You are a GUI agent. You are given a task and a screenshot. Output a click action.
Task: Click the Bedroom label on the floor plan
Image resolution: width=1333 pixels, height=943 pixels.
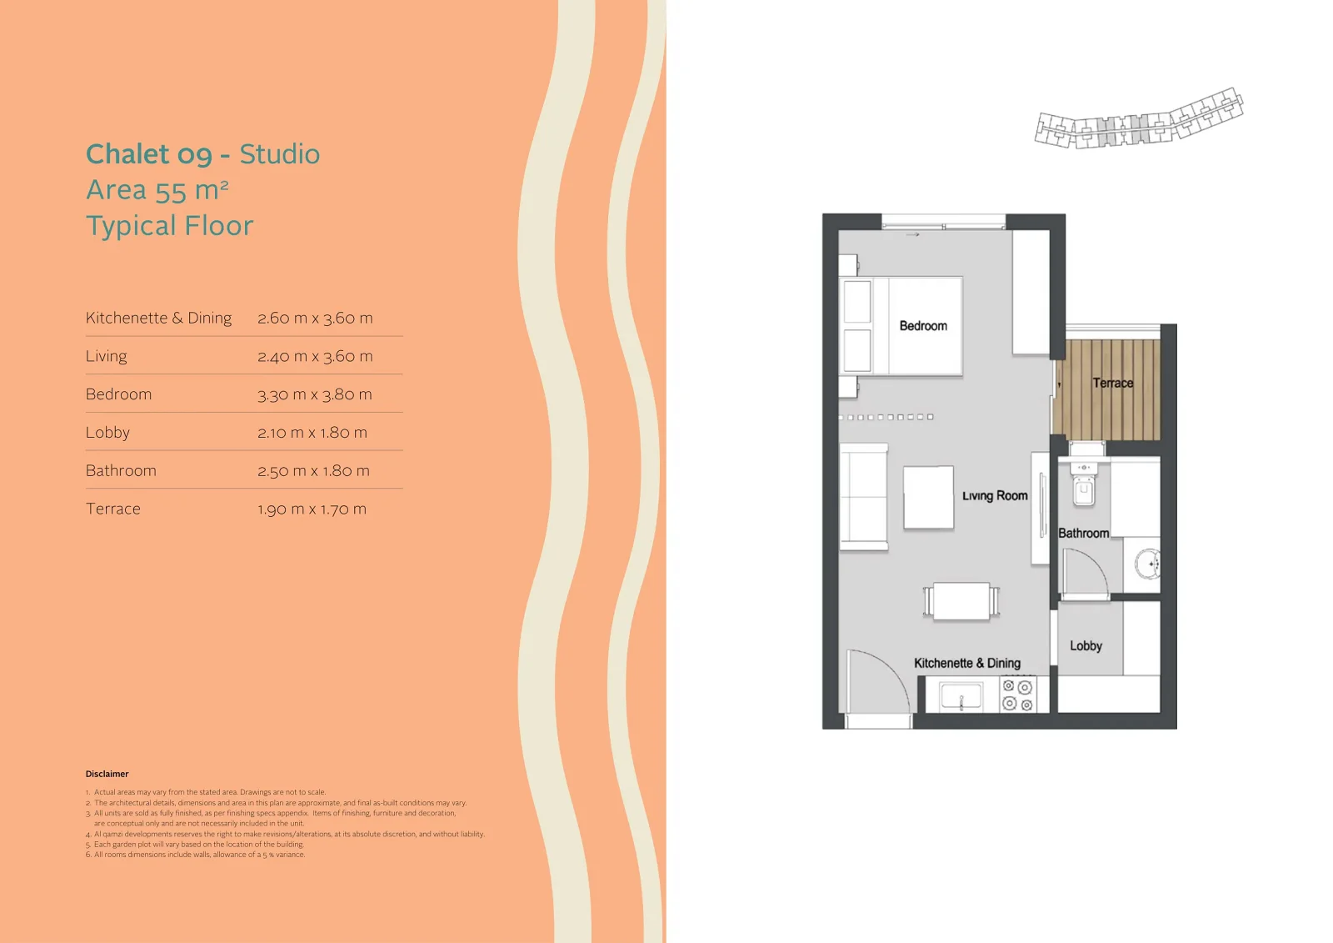pos(923,326)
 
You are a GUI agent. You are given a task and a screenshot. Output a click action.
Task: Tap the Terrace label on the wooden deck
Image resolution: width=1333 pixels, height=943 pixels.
pos(1113,383)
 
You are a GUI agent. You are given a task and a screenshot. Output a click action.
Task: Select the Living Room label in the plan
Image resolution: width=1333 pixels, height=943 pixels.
pos(995,495)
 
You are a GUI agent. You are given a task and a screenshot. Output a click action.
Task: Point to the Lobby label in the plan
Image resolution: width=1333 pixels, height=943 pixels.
pos(1086,645)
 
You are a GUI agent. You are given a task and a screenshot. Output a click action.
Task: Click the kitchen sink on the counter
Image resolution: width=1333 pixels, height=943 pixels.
pos(961,695)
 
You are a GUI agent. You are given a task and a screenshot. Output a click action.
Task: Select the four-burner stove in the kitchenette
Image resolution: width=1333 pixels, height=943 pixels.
pos(1017,695)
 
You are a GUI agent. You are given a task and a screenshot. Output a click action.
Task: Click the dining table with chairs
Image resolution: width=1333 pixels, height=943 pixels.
pos(961,601)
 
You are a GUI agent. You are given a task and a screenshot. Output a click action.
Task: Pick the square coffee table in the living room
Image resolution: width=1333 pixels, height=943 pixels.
pos(928,498)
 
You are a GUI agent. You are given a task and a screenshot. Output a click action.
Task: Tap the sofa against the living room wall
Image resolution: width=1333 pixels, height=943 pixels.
pos(863,497)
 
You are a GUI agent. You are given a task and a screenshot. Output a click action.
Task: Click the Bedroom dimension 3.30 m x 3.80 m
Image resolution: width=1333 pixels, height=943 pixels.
pos(315,394)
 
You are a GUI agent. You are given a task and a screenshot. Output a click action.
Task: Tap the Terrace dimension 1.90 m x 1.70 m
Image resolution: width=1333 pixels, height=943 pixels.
pos(312,509)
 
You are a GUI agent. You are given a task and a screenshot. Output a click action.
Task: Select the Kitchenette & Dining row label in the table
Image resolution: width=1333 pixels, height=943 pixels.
pos(159,319)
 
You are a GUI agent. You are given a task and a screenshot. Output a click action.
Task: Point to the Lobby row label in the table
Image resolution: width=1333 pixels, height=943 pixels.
pos(107,433)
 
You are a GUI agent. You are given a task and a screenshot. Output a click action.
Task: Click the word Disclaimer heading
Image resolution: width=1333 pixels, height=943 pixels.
pos(107,774)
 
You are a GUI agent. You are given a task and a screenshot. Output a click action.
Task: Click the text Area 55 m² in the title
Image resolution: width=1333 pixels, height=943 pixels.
pos(157,190)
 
